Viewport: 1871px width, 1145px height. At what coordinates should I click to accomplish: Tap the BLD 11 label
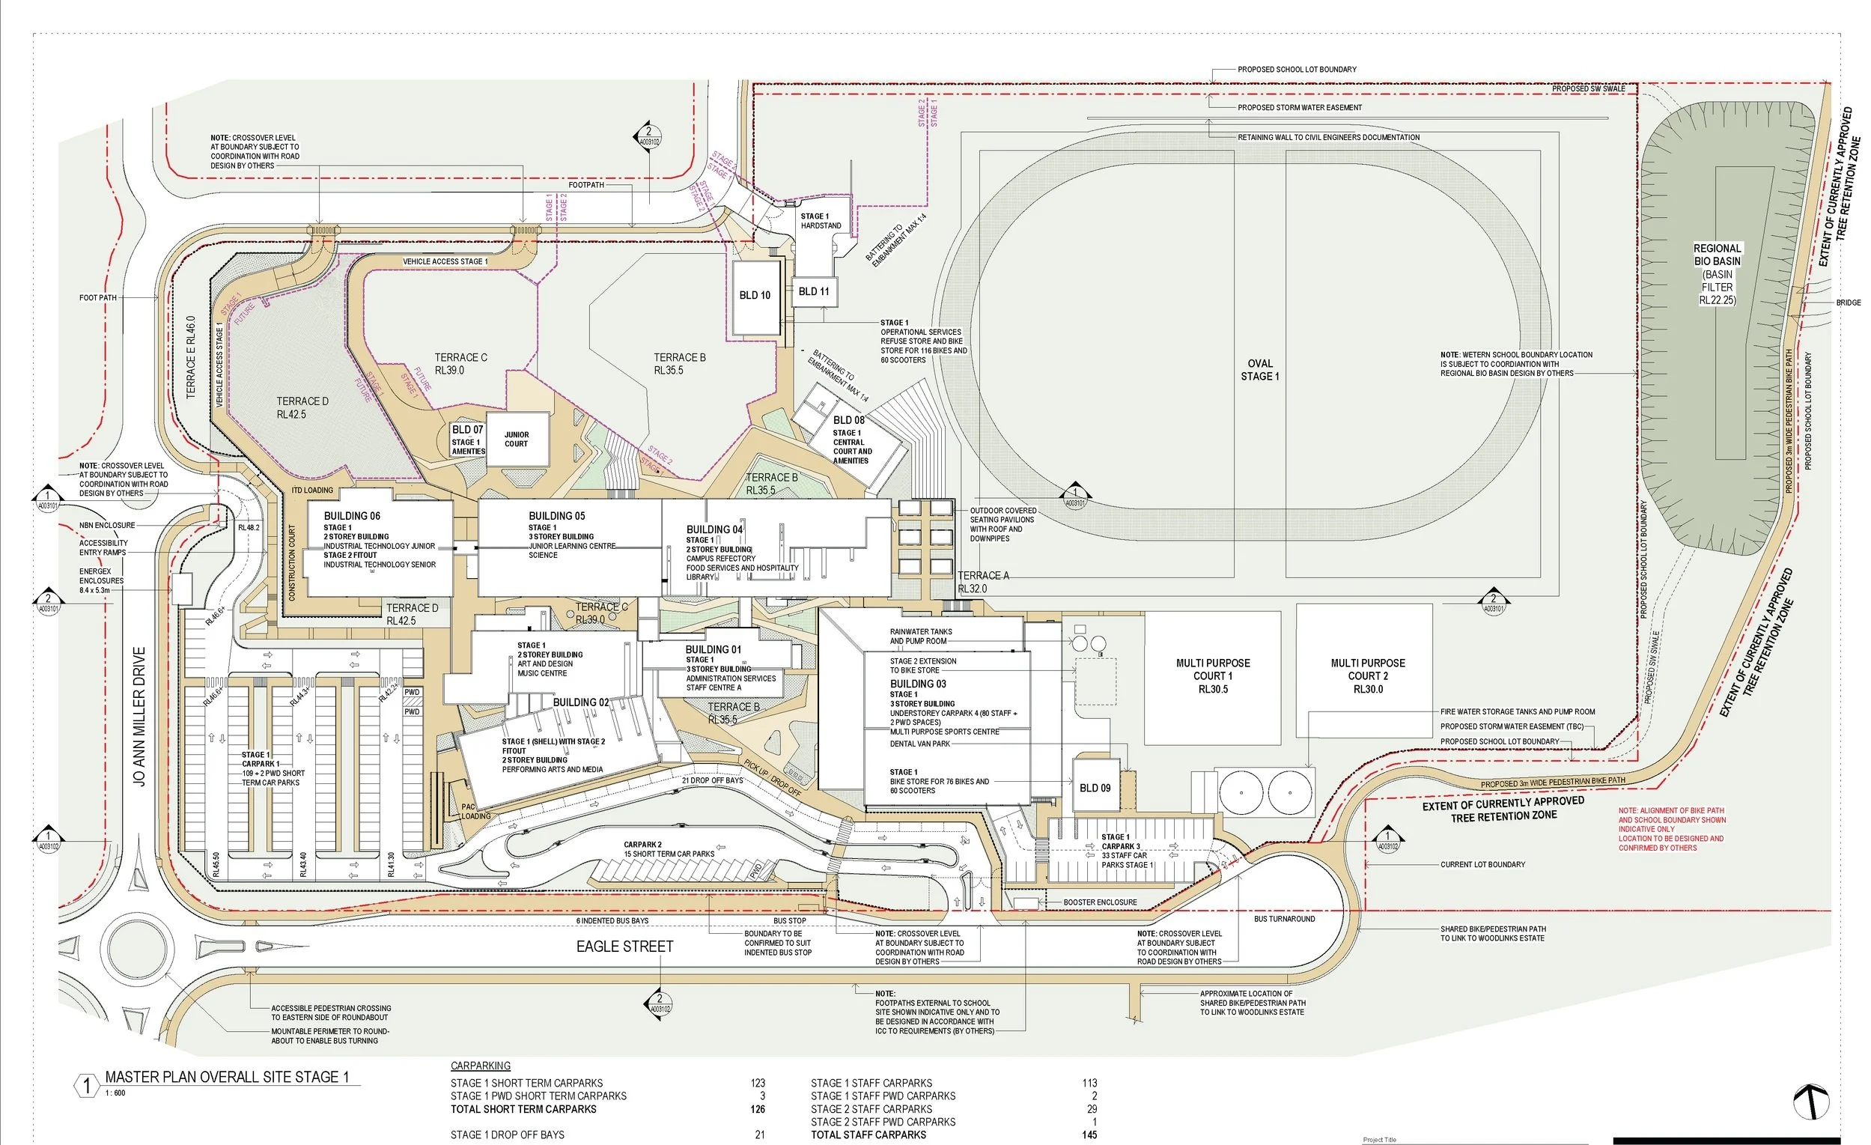tap(813, 291)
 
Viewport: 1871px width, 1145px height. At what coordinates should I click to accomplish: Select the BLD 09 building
tap(1094, 788)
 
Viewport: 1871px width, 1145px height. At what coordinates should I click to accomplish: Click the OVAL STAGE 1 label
tap(1260, 370)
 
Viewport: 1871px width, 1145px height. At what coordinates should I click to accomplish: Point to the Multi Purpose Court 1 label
tap(1213, 675)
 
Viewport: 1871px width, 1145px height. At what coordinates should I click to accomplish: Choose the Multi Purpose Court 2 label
tap(1368, 675)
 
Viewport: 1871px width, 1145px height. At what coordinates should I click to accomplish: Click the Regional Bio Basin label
tap(1717, 273)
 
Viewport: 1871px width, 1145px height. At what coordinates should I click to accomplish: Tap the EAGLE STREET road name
tap(624, 947)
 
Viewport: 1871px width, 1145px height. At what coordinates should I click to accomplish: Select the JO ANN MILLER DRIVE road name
tap(139, 716)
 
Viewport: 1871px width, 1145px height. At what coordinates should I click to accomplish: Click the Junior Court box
tap(517, 440)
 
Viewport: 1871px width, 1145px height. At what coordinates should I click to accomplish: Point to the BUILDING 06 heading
tap(352, 516)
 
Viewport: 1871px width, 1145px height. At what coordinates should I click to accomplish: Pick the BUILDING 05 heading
tap(556, 516)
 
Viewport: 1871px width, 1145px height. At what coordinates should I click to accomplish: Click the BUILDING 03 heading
tap(918, 684)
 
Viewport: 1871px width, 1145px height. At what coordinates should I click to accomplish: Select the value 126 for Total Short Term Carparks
tap(757, 1109)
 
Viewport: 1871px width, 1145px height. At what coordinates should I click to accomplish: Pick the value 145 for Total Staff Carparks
tap(1089, 1135)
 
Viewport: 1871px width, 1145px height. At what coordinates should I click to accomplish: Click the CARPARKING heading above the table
tap(481, 1066)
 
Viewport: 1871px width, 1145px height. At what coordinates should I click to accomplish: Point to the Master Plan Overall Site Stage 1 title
tap(226, 1078)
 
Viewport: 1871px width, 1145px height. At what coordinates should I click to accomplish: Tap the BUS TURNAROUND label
tap(1284, 919)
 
